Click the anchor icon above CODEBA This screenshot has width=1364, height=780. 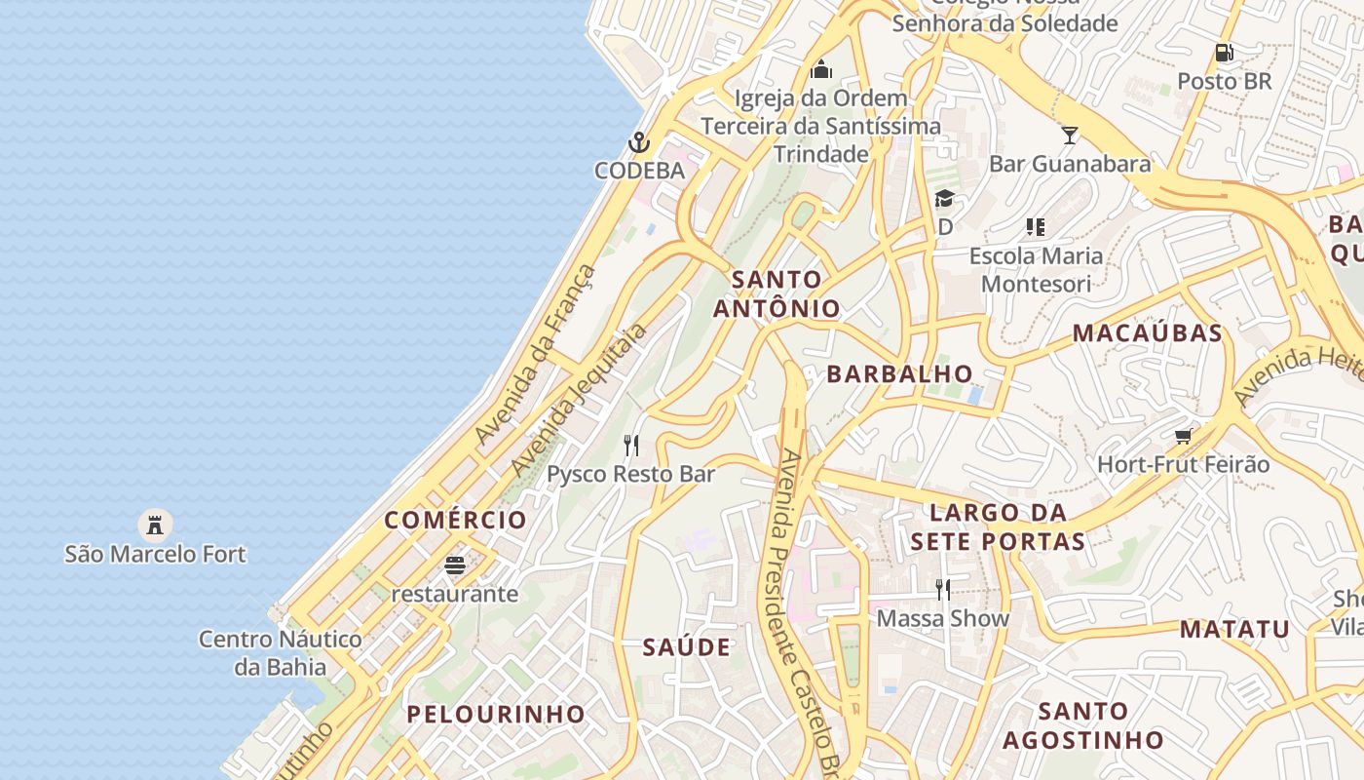click(638, 143)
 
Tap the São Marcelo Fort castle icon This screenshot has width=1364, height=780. click(155, 526)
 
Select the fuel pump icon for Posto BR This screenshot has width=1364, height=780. click(1225, 53)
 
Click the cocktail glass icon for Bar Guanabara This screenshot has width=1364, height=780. click(1070, 135)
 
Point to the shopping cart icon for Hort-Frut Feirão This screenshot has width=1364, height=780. click(1184, 436)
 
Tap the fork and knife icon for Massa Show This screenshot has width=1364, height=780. click(942, 589)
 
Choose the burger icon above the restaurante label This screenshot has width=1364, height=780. click(455, 565)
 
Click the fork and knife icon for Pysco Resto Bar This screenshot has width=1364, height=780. click(631, 446)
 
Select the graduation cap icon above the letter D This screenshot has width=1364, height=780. click(944, 199)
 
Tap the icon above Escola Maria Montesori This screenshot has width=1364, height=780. click(1036, 227)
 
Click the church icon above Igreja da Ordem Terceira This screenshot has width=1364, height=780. click(821, 69)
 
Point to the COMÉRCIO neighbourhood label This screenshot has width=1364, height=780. click(455, 520)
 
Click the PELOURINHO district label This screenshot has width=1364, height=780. click(496, 714)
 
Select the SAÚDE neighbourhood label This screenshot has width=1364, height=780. click(687, 647)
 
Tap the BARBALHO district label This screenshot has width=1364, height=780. click(899, 373)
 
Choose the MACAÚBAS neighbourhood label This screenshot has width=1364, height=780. click(1147, 332)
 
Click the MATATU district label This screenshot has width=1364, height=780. click(1234, 629)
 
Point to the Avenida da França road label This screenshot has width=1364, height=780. click(535, 355)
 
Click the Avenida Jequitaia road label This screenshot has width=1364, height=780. click(579, 400)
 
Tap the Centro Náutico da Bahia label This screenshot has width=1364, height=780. click(281, 653)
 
